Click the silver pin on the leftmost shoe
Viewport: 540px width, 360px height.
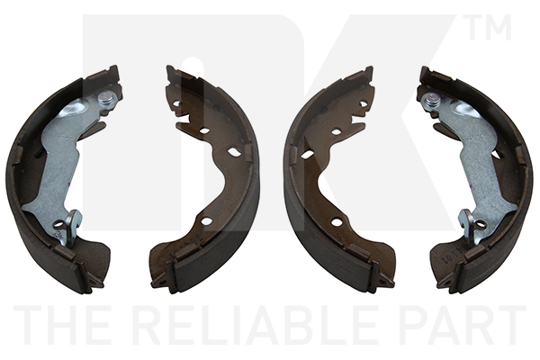coord(105,98)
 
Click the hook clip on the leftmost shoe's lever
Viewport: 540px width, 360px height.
coord(71,228)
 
